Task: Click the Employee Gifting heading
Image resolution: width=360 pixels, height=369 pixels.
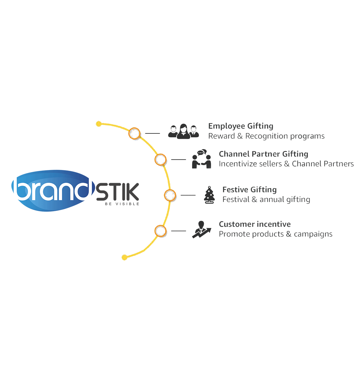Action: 240,126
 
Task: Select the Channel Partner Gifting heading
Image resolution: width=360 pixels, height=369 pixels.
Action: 263,154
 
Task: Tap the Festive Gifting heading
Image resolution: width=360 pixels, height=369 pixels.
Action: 249,189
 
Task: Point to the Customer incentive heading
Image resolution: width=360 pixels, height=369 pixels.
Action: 255,224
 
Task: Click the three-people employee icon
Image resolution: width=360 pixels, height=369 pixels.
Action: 183,131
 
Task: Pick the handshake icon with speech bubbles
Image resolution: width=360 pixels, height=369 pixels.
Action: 201,159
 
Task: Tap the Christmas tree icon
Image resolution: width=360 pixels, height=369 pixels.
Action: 209,195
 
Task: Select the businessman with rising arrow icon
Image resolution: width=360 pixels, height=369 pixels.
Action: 201,229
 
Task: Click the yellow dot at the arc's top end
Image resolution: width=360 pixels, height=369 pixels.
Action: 99,124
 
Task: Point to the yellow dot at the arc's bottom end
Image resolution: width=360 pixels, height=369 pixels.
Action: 125,257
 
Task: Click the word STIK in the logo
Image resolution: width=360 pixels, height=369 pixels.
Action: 118,192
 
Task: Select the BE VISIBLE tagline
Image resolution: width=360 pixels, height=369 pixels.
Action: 122,204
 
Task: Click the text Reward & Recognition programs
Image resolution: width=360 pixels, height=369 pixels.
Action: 266,136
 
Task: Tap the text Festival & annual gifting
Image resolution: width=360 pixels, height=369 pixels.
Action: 266,200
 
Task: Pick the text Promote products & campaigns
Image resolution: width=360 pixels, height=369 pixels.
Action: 276,234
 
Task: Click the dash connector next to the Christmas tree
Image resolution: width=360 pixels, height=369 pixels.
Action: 188,195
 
